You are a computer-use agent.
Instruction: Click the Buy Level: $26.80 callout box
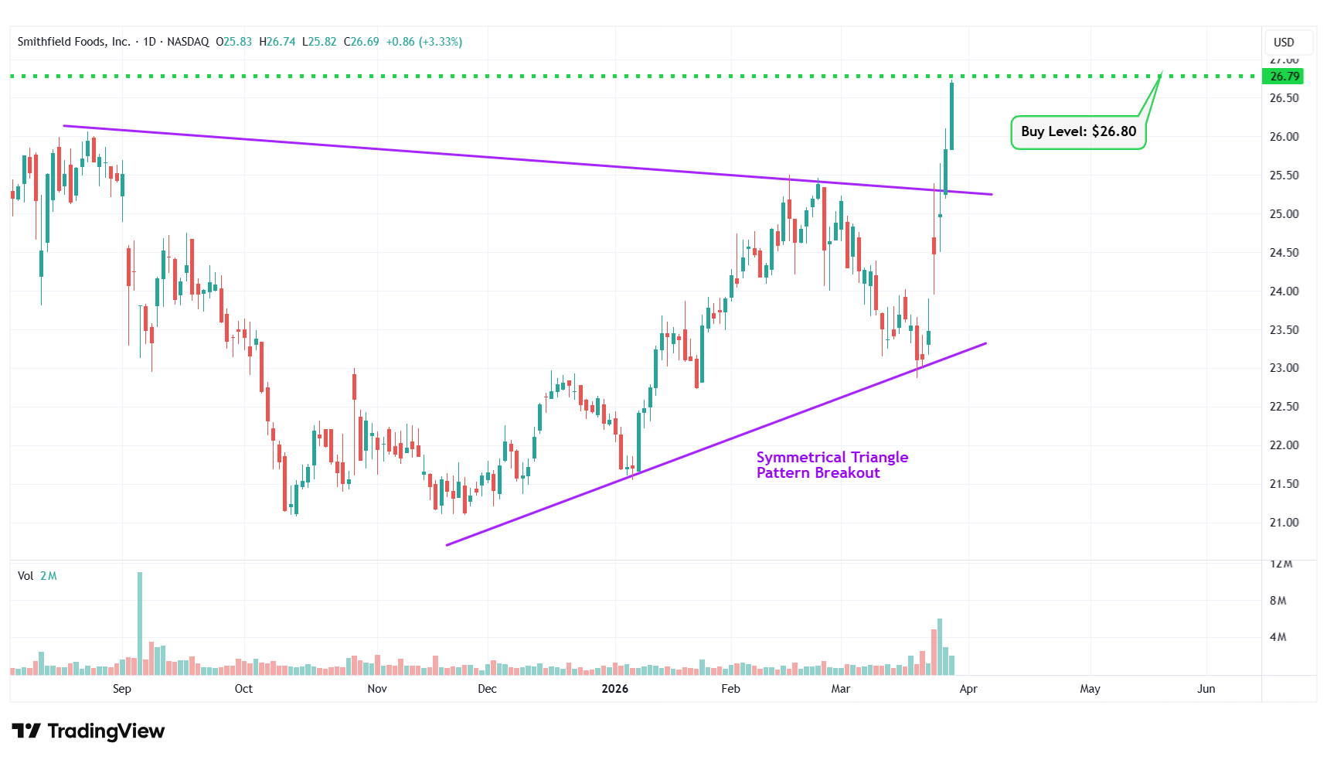coord(1078,132)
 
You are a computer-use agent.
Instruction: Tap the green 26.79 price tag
coord(1283,77)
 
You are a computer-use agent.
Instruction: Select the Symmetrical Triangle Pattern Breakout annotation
coord(832,465)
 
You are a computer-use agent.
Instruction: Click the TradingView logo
coord(88,731)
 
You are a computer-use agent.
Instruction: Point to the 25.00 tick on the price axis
coord(1284,214)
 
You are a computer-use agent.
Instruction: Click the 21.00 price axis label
coord(1284,523)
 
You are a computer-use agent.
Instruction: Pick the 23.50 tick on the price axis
coord(1284,330)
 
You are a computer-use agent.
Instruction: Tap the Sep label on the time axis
coord(122,689)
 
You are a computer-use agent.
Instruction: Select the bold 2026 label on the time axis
coord(614,689)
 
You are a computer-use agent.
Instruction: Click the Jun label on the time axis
coord(1206,689)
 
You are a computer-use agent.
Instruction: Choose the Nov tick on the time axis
coord(377,689)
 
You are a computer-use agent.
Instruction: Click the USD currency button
coord(1284,43)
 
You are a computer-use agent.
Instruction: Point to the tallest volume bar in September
coord(140,622)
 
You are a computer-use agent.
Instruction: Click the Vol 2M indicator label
coord(37,576)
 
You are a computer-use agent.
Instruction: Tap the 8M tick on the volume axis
coord(1278,601)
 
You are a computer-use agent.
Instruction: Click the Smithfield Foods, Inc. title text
coord(73,42)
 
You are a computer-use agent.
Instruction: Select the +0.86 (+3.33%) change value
coord(424,42)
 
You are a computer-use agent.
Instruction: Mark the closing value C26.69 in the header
coord(361,42)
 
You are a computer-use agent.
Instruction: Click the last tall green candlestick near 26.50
coord(951,116)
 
